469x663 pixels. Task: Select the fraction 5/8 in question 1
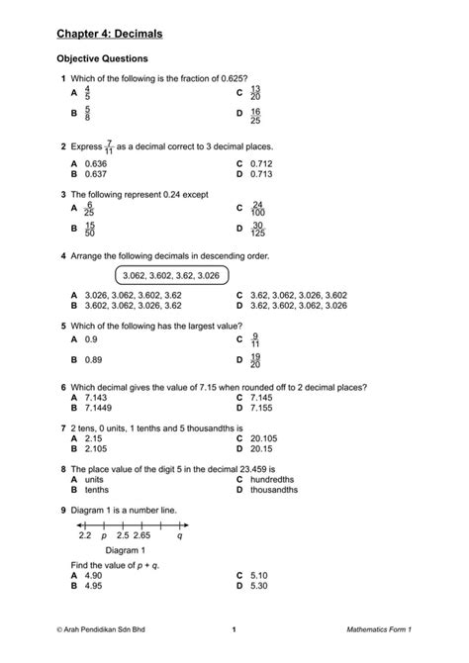click(x=88, y=116)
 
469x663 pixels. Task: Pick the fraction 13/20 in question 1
click(x=254, y=93)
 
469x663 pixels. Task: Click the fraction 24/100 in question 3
click(x=258, y=210)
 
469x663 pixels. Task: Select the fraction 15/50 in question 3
click(x=90, y=230)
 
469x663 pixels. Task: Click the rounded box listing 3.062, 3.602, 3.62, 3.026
click(x=172, y=275)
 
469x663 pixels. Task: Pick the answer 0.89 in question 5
click(x=93, y=359)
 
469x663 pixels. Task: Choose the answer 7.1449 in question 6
click(x=99, y=407)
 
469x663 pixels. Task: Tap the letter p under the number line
click(x=104, y=534)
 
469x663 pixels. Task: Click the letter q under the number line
click(x=179, y=534)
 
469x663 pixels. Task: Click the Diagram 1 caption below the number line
click(x=125, y=550)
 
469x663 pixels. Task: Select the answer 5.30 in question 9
click(x=260, y=585)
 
